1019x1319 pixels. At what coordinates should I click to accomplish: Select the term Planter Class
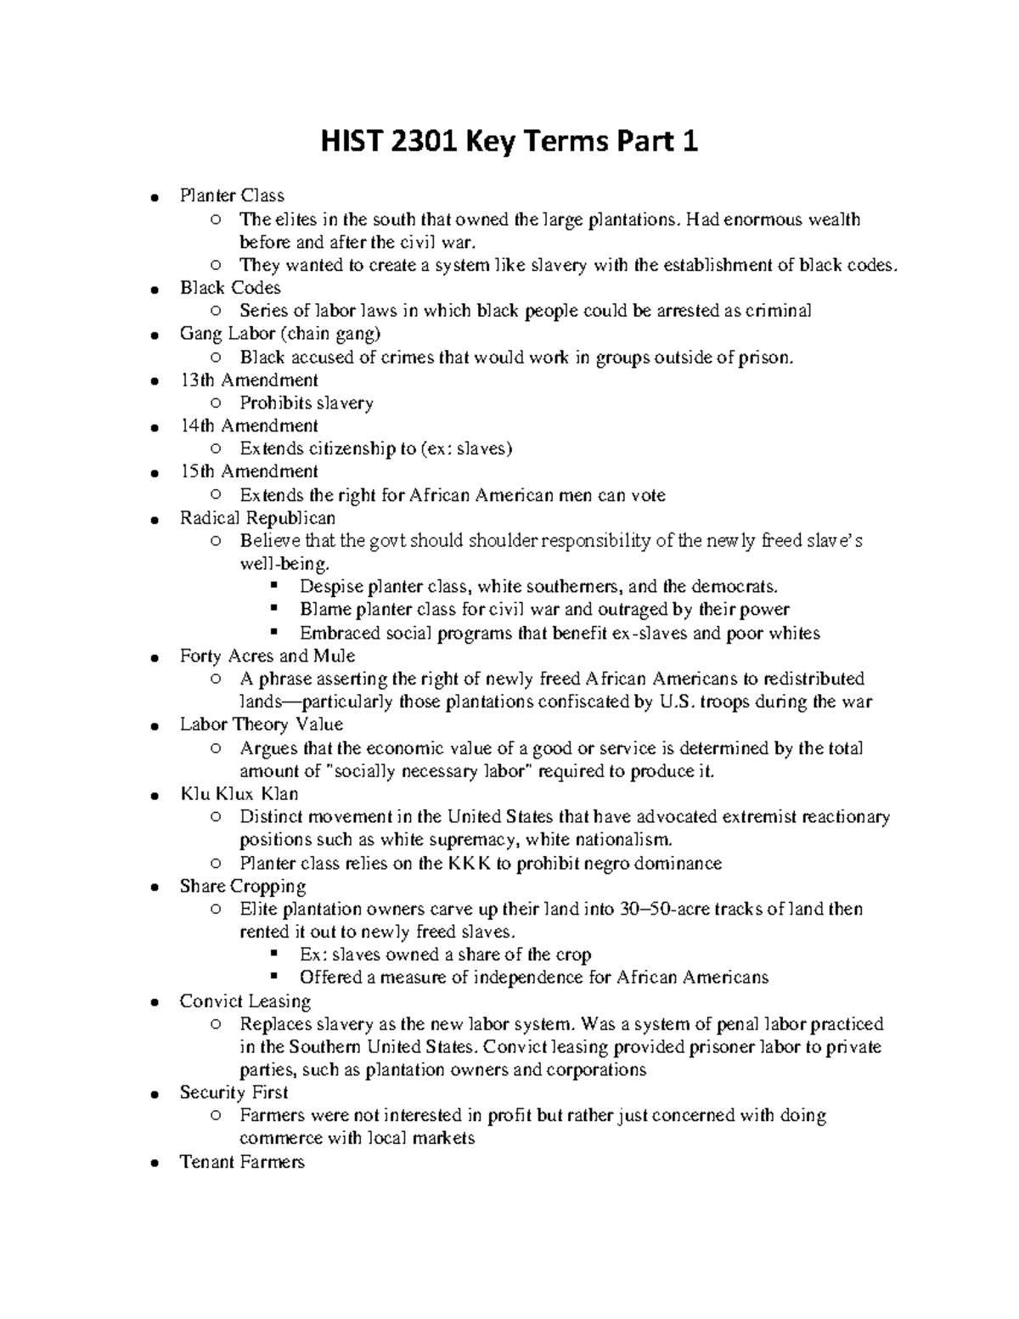point(232,196)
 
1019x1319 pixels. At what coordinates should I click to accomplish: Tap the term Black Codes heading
point(230,288)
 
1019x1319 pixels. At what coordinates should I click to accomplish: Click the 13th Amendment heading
point(249,380)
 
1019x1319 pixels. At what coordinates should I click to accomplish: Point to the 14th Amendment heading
point(249,426)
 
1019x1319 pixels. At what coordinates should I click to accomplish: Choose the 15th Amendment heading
point(249,471)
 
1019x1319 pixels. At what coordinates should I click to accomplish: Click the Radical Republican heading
point(257,518)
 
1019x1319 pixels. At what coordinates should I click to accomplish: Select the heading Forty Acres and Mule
point(267,656)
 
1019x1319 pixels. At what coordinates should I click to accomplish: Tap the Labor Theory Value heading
point(262,724)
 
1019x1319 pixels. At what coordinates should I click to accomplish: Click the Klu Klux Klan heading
point(239,794)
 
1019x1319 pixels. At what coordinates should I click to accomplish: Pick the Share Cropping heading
point(243,886)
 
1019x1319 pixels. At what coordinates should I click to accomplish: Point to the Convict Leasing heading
point(245,1001)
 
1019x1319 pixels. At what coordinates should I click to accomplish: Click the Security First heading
point(234,1093)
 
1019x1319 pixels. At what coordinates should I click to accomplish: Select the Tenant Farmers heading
point(242,1162)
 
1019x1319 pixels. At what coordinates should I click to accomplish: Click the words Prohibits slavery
point(307,403)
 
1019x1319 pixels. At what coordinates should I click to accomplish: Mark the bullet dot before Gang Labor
point(154,335)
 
